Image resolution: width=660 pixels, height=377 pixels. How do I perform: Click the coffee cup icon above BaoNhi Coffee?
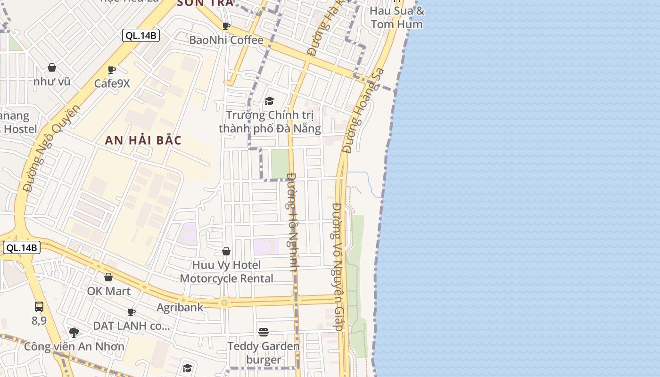coord(226,26)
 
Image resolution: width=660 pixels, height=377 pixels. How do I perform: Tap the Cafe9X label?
coord(112,83)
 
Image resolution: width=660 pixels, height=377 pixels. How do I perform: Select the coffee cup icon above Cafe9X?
coord(112,70)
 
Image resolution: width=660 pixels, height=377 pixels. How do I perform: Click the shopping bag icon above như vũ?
coord(52,68)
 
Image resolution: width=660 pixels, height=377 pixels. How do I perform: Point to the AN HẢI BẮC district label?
coord(143,140)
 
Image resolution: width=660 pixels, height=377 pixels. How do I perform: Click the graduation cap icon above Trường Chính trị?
coord(269,101)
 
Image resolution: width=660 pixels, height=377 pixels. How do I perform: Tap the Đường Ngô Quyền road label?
coord(51,148)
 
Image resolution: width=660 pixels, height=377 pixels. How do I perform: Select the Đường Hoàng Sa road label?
coord(363,111)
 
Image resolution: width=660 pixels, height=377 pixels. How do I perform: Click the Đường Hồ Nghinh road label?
coord(292,222)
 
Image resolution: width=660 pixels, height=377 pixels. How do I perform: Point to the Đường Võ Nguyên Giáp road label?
coord(337,267)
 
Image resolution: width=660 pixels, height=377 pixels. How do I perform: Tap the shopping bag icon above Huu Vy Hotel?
coord(226,251)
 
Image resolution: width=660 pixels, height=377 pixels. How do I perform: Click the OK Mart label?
coord(108,291)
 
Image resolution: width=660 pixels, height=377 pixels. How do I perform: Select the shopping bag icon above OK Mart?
coord(108,277)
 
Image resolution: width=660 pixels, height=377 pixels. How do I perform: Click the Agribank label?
coord(180,307)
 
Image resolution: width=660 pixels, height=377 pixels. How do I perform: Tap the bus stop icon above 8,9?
coord(39,307)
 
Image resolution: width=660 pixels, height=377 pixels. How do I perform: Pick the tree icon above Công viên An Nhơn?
coord(74,333)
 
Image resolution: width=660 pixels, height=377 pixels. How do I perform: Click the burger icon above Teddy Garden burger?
coord(264,332)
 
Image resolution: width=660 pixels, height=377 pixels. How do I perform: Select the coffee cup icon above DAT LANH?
coord(132,312)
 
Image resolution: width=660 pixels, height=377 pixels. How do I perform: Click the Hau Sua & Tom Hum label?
coord(397,17)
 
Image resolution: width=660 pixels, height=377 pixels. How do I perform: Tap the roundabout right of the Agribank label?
coord(224,303)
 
